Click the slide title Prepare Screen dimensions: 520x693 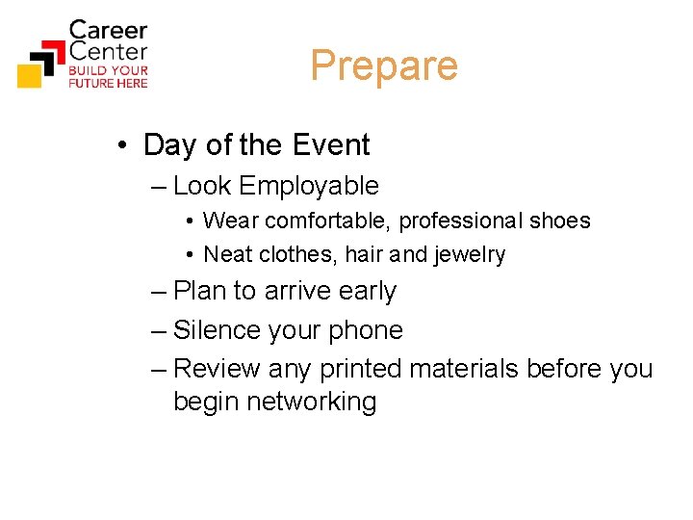click(383, 66)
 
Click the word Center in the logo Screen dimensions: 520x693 click(108, 51)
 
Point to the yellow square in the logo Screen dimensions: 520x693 click(30, 74)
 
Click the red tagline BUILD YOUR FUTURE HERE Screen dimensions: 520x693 click(108, 77)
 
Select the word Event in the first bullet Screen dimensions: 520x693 click(330, 145)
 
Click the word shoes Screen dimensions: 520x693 click(559, 221)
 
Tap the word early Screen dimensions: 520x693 click(367, 292)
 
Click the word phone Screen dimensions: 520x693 click(365, 331)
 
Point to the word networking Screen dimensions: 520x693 click(311, 402)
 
